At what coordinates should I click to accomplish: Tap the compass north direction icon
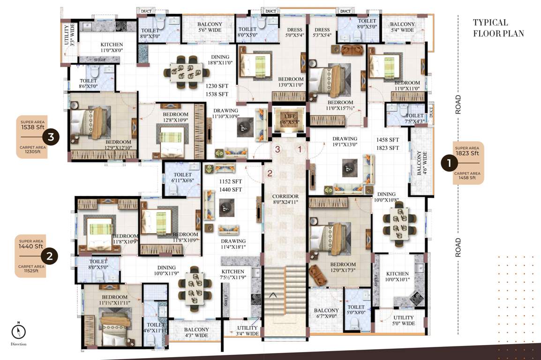tap(18, 331)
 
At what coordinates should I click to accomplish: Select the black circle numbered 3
tap(51, 137)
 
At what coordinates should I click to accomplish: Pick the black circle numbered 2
tap(50, 256)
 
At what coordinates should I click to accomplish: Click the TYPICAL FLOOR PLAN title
tap(498, 28)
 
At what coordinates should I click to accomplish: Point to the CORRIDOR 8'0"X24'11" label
tap(286, 200)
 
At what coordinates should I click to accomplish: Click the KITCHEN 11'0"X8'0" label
tap(112, 47)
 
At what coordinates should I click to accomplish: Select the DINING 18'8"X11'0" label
tap(220, 60)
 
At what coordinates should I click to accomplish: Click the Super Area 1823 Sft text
tap(467, 151)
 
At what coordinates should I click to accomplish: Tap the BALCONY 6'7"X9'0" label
tap(326, 314)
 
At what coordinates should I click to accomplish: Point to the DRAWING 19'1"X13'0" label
tap(345, 142)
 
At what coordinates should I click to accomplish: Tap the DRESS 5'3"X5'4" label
tap(322, 32)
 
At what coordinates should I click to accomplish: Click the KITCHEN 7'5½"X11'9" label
tap(233, 275)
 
